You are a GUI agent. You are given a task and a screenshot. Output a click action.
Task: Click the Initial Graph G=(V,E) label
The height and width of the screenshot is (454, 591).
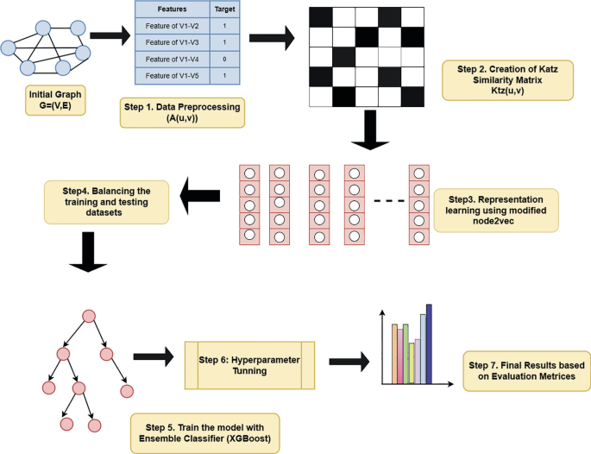[x=53, y=99]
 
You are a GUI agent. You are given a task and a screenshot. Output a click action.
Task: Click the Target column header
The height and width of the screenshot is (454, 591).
[x=223, y=9]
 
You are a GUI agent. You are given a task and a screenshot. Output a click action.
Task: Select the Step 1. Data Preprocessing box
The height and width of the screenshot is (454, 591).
[x=183, y=113]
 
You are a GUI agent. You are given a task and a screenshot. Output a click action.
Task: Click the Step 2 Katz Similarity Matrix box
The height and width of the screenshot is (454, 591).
[x=506, y=80]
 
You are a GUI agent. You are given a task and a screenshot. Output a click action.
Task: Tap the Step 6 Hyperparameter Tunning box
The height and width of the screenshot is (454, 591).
[x=249, y=364]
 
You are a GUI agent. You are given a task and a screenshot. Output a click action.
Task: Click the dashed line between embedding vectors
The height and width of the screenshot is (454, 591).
[x=388, y=202]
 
